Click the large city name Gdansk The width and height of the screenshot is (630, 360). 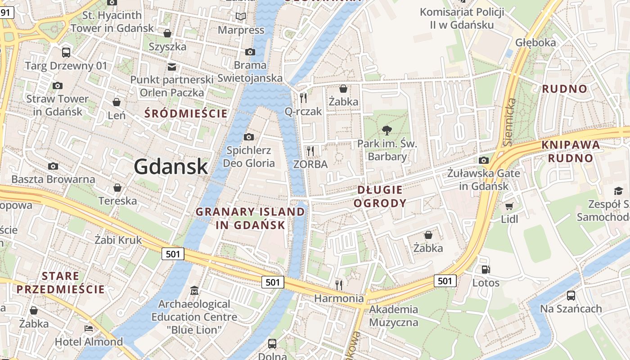(171, 167)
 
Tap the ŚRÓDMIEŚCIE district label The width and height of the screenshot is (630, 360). (186, 113)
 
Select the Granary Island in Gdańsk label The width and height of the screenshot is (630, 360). (250, 218)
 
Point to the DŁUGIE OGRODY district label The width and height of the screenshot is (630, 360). (380, 197)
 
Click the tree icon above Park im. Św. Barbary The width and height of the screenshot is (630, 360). (386, 130)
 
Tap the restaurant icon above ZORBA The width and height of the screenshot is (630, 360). (310, 151)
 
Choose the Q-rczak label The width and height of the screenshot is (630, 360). (303, 111)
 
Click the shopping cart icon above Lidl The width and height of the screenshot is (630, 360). (509, 206)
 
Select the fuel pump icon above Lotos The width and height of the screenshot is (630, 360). (486, 270)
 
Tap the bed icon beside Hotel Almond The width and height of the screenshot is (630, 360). (89, 328)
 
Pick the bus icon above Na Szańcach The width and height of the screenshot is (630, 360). (571, 296)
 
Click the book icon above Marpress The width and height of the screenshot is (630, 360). (241, 17)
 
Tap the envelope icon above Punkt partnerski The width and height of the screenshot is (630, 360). (171, 67)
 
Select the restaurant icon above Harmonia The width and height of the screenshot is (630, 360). (339, 285)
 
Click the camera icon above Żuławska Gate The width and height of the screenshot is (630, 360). (484, 160)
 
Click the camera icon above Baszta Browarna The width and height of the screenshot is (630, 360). (53, 166)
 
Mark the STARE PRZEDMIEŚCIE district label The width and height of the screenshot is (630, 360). (60, 283)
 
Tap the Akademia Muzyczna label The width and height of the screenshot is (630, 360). (394, 316)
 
